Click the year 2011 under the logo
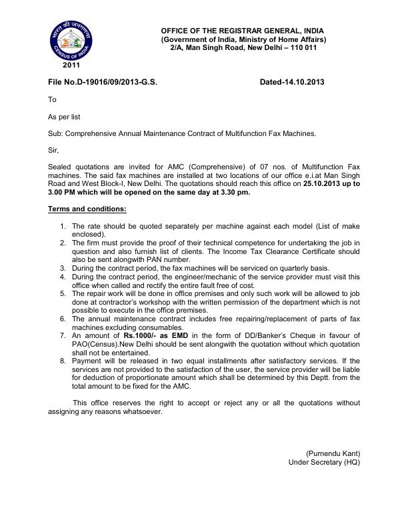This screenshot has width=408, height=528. tap(71, 65)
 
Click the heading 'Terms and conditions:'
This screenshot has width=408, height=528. tap(87, 209)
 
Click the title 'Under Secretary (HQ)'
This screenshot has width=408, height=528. tap(324, 462)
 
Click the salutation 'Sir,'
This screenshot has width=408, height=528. tap(54, 151)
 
